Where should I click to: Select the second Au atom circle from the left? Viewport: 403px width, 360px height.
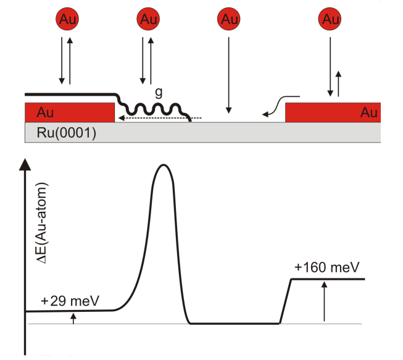pos(148,19)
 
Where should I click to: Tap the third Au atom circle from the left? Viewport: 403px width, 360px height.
pos(228,19)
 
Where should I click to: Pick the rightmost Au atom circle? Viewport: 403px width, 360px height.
pos(331,19)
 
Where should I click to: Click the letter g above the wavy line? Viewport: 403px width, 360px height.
pos(159,93)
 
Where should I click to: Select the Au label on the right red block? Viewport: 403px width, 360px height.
pos(368,112)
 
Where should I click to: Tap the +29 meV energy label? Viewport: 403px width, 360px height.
pos(72,302)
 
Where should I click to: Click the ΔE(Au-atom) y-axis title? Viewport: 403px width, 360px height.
pos(44,225)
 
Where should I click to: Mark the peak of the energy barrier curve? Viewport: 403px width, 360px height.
pos(164,165)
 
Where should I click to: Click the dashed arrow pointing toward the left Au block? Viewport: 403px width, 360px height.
pos(160,117)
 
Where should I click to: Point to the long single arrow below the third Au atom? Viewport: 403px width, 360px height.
pos(228,74)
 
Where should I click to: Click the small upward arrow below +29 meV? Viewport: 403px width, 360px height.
pos(73,317)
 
